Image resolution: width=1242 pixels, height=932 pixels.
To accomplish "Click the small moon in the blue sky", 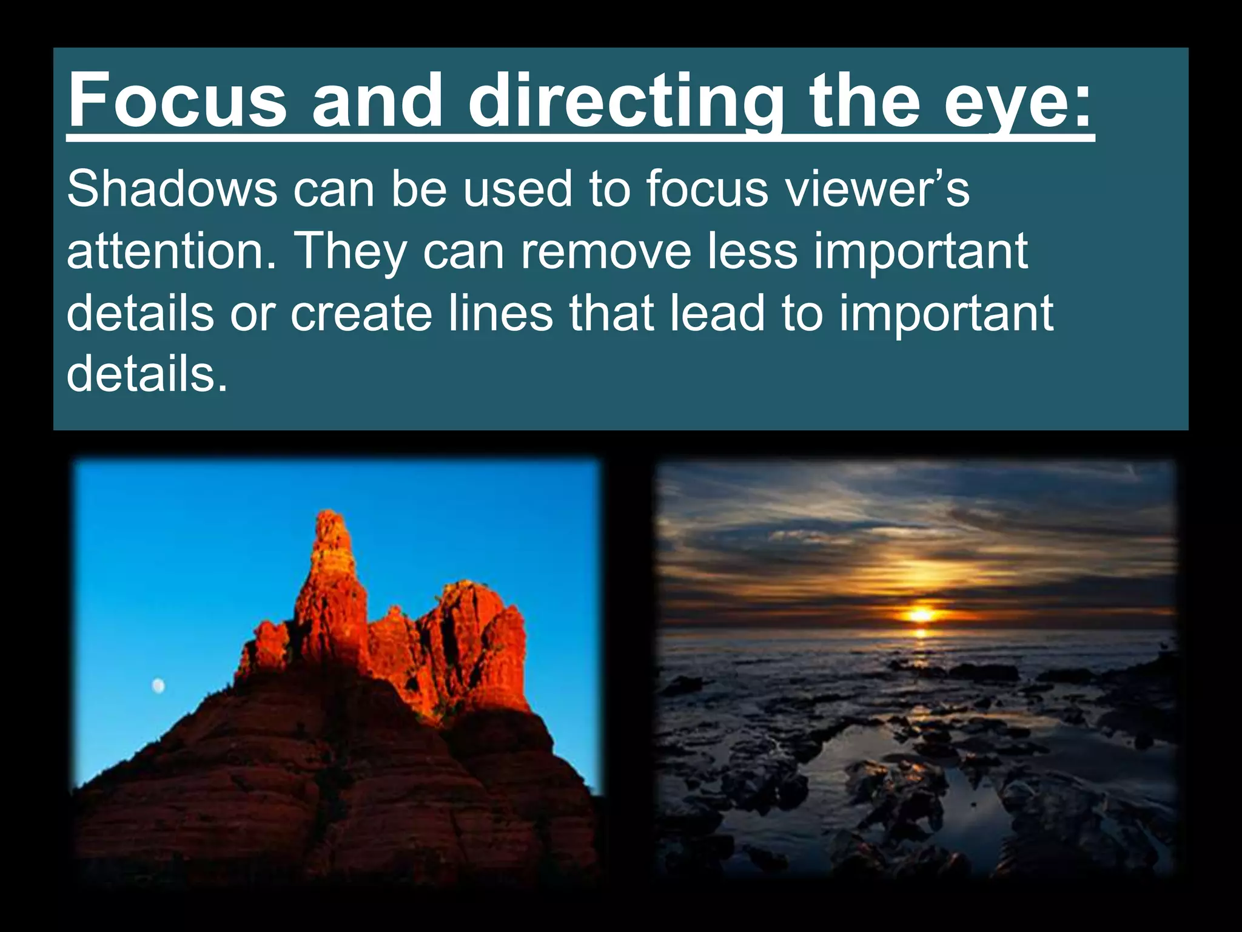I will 158,686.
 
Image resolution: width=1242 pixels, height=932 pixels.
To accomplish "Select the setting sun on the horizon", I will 921,614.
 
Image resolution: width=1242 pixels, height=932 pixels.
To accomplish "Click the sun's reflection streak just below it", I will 921,633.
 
